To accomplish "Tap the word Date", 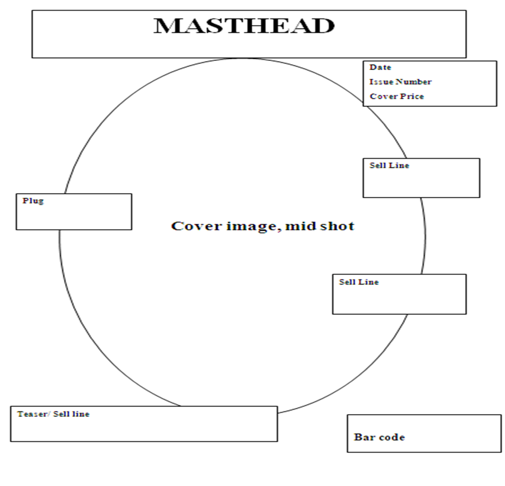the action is pyautogui.click(x=380, y=67).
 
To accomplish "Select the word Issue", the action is pyautogui.click(x=381, y=82).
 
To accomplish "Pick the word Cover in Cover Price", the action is pyautogui.click(x=383, y=97).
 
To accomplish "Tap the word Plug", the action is pyautogui.click(x=33, y=201).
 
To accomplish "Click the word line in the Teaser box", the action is pyautogui.click(x=81, y=414).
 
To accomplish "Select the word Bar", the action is pyautogui.click(x=363, y=437).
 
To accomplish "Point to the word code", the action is pyautogui.click(x=392, y=437).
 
